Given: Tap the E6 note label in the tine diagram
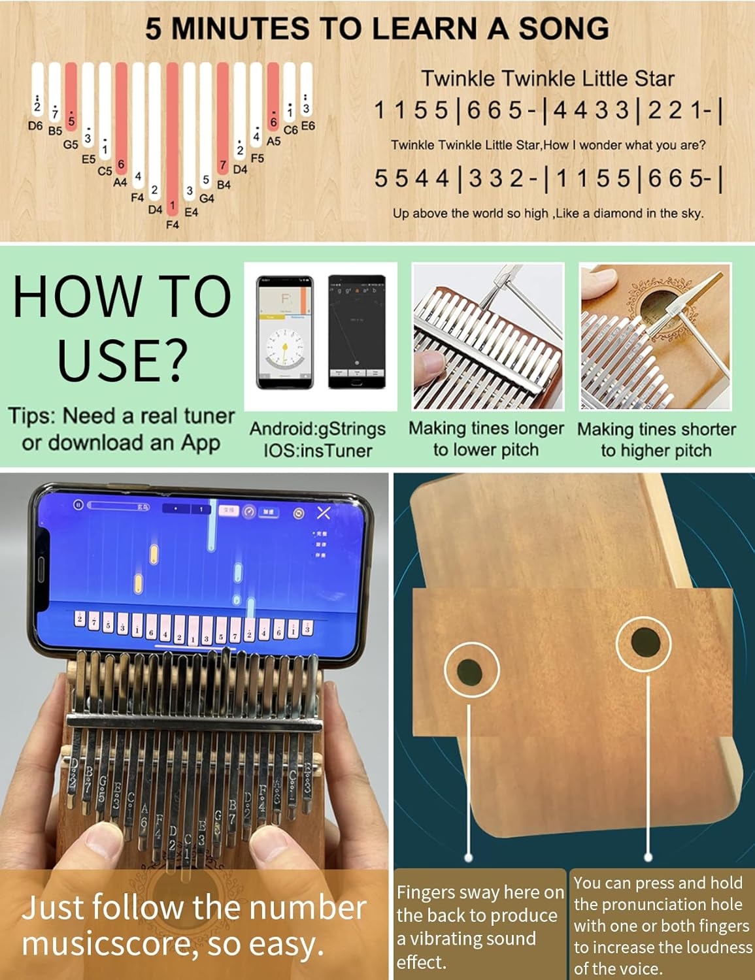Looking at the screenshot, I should pyautogui.click(x=307, y=125).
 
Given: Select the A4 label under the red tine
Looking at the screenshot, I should pyautogui.click(x=120, y=183).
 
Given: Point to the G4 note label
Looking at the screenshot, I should pyautogui.click(x=207, y=198).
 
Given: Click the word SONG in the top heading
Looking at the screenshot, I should pyautogui.click(x=563, y=29).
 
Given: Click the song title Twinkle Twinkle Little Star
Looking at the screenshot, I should pyautogui.click(x=547, y=78).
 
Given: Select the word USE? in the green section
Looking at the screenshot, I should pyautogui.click(x=122, y=359).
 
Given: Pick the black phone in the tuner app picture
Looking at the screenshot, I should pyautogui.click(x=356, y=333).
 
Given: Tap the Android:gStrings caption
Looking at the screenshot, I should pyautogui.click(x=318, y=429).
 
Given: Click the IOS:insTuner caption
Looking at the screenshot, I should pyautogui.click(x=318, y=450).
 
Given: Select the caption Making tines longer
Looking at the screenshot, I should pyautogui.click(x=486, y=429).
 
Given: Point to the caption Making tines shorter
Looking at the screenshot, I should pyautogui.click(x=656, y=429).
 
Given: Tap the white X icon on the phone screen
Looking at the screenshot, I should pyautogui.click(x=324, y=513).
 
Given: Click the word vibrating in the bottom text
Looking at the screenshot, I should pyautogui.click(x=458, y=939).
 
